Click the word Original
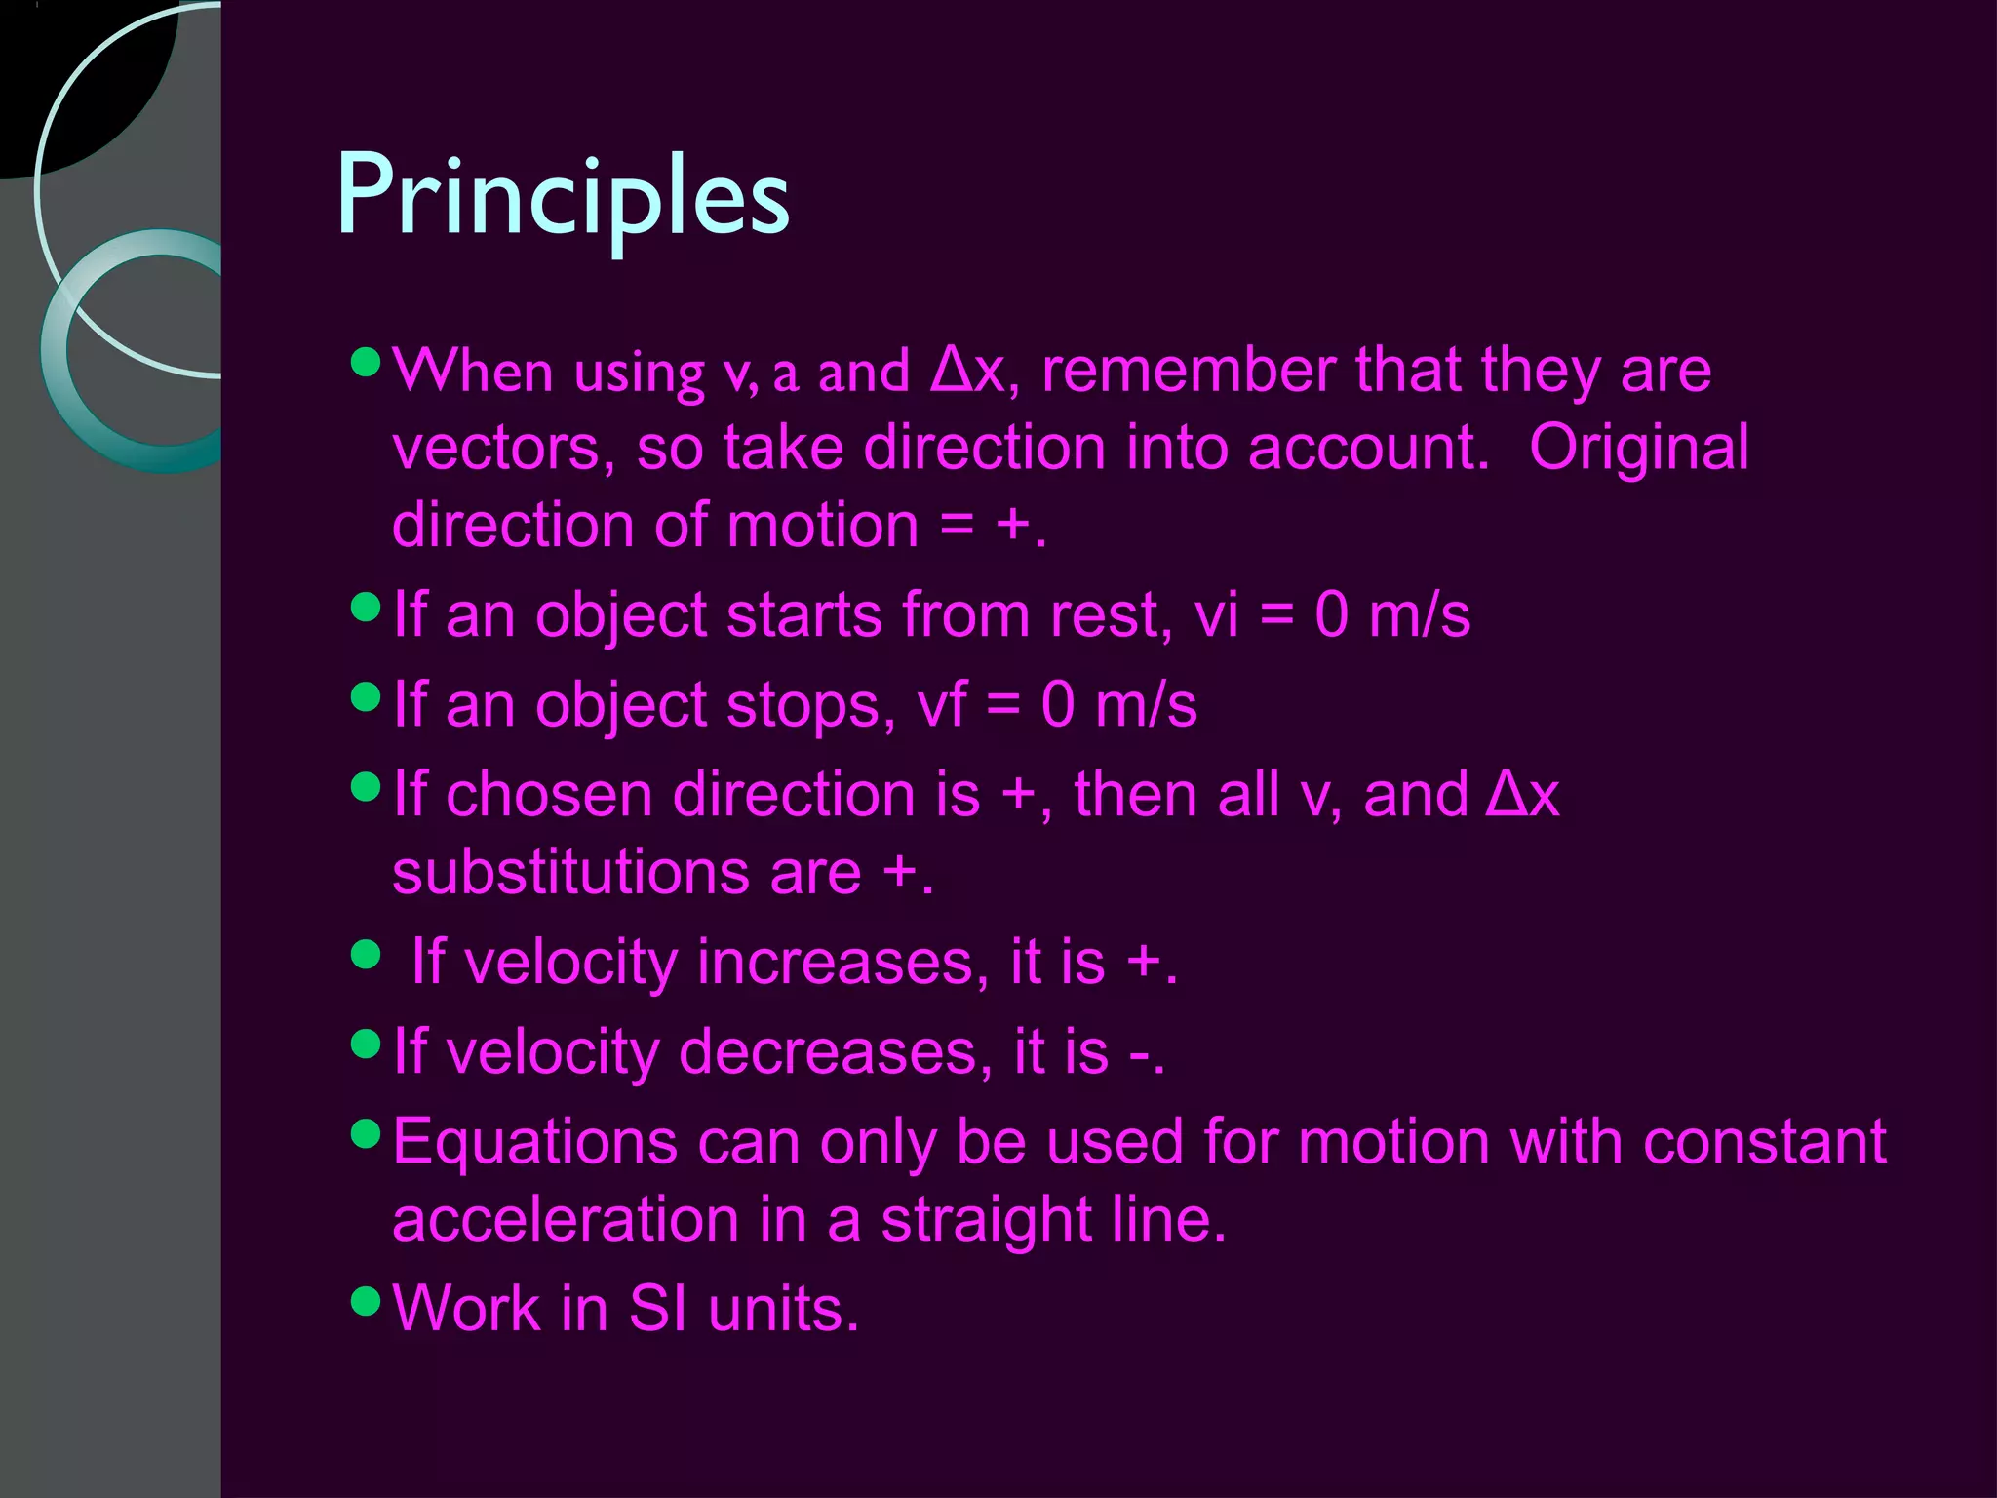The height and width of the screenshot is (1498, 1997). (x=1638, y=449)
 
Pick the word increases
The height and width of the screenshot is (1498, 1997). (x=836, y=963)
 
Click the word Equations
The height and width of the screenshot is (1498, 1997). (x=534, y=1142)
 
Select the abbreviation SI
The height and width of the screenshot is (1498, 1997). (x=657, y=1309)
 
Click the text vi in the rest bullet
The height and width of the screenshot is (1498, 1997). (x=1216, y=616)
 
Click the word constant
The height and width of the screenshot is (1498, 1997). (x=1764, y=1142)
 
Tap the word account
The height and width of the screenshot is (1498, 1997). (x=1368, y=449)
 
